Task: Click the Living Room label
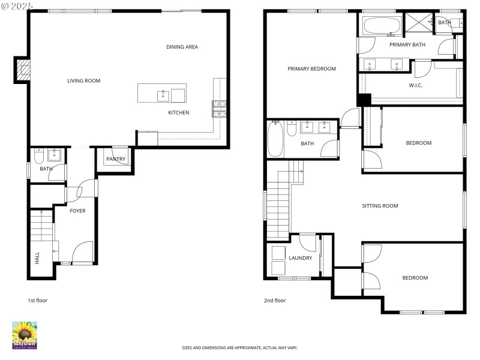coord(83,80)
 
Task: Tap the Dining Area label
coord(182,47)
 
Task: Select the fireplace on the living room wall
coord(23,70)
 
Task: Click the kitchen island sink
coord(163,95)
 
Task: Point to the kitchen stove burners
coord(218,108)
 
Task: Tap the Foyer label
coord(77,211)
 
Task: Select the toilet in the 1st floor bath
coord(38,157)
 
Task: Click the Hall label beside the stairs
coord(37,257)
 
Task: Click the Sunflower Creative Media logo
coord(25,335)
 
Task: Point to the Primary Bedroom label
coord(311,68)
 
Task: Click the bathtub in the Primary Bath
coord(382,26)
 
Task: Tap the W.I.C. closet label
coord(416,85)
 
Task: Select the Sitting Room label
coord(380,206)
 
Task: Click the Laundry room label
coord(300,258)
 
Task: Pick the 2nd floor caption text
coord(275,300)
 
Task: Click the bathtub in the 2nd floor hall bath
coord(274,139)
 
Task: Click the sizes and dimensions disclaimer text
coord(240,347)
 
